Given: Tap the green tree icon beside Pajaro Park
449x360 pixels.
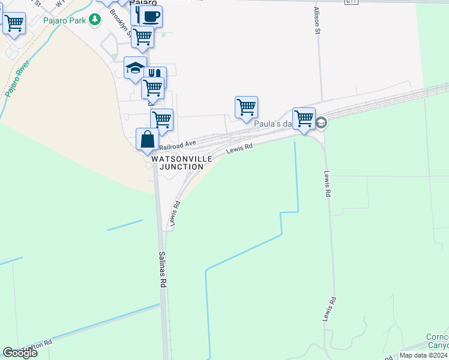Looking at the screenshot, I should click(x=94, y=20).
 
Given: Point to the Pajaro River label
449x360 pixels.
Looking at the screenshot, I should click(x=17, y=79).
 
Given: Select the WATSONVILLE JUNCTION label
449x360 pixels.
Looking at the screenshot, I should click(x=181, y=163).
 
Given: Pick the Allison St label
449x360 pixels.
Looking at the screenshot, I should click(x=316, y=21).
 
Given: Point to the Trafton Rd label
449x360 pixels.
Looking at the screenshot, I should click(x=37, y=347).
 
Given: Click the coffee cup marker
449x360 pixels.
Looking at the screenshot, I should click(x=151, y=16).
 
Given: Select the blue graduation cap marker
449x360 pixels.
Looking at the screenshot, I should click(x=135, y=67).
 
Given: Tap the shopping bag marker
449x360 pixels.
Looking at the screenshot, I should click(x=147, y=139).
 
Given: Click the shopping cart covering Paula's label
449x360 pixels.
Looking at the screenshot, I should click(x=304, y=118).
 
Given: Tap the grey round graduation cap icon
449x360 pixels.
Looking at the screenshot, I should click(x=321, y=123).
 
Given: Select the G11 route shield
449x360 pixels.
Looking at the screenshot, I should click(x=351, y=2).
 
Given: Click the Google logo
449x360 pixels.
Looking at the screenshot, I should click(x=20, y=353).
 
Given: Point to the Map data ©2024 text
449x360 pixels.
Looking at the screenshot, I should click(x=423, y=355).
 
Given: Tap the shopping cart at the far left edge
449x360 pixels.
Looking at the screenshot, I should click(x=13, y=24).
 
